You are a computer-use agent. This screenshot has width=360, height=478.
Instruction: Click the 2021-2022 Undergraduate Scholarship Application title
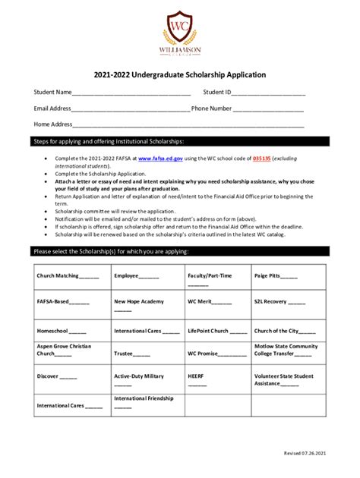[x=179, y=75]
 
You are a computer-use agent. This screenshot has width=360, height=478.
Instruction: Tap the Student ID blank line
[x=268, y=93]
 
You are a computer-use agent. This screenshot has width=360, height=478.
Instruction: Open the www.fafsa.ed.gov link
[x=160, y=159]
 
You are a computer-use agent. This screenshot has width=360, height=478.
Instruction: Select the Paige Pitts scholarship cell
[x=289, y=276]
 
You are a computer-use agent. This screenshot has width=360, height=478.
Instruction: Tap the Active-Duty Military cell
[x=147, y=379]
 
